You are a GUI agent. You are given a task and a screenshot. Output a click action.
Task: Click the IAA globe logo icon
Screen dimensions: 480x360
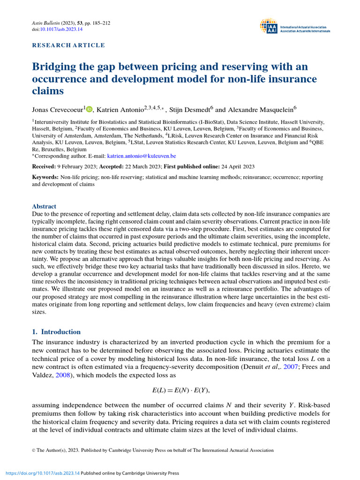click(269, 27)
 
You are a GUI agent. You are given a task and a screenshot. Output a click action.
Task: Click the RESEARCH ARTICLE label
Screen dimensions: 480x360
click(68, 45)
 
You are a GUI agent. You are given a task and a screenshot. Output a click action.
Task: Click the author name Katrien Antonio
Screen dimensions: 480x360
click(118, 110)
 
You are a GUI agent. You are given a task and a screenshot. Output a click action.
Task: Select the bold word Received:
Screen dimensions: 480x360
click(45, 167)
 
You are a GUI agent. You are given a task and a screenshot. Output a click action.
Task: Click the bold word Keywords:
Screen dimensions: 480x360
click(45, 178)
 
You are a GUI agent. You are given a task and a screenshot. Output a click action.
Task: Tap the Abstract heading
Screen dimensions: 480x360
click(44, 206)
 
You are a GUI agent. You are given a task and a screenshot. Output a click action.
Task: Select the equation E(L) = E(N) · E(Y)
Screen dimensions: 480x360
click(180, 390)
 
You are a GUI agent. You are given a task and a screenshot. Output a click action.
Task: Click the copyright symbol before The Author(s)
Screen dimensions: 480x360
click(34, 450)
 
